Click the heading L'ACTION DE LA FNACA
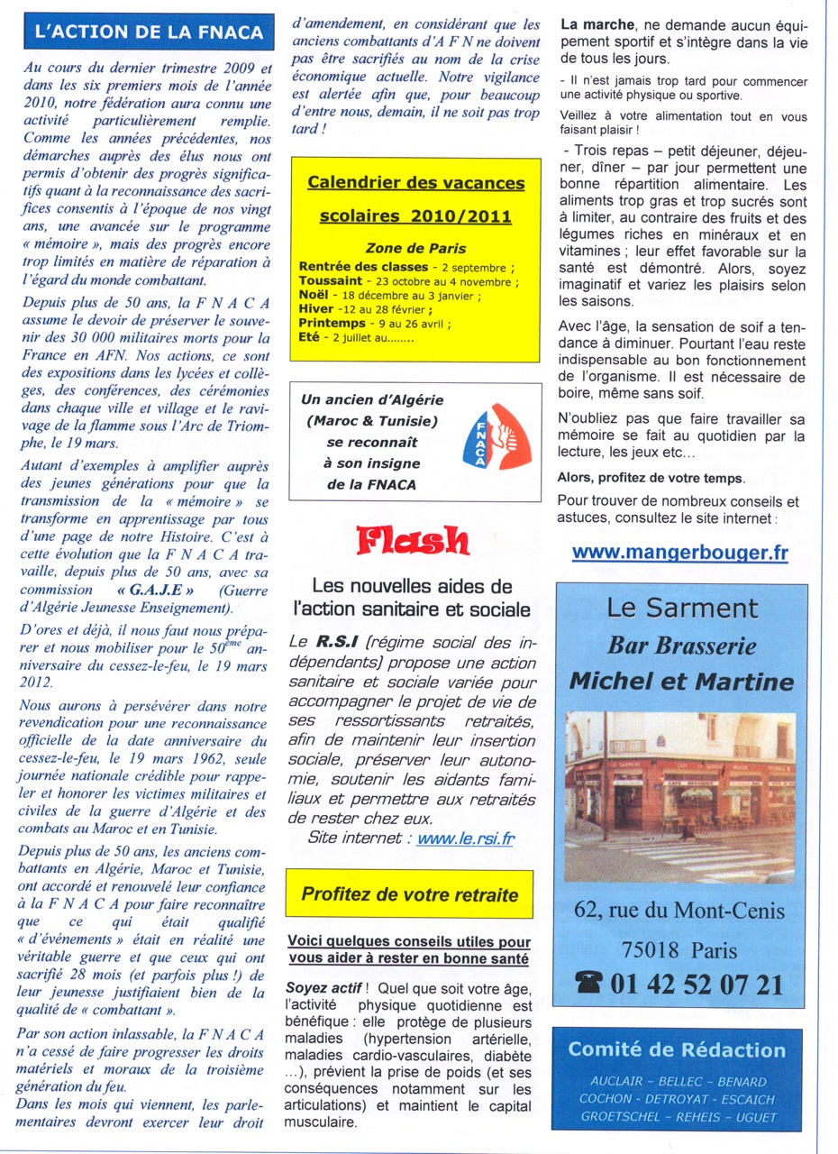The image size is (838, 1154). coord(149,33)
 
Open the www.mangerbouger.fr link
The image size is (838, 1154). coord(679,553)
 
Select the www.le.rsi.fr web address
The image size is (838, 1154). coord(466,838)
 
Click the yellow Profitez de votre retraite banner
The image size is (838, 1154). coord(409,894)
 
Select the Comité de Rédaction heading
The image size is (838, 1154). coord(677,1049)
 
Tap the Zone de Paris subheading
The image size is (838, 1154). coord(415,248)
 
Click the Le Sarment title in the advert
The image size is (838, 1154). coord(679,609)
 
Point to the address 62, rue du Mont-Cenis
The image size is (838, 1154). coord(679,911)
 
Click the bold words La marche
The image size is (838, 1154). coord(598,25)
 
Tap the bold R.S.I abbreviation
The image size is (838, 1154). coord(331,642)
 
